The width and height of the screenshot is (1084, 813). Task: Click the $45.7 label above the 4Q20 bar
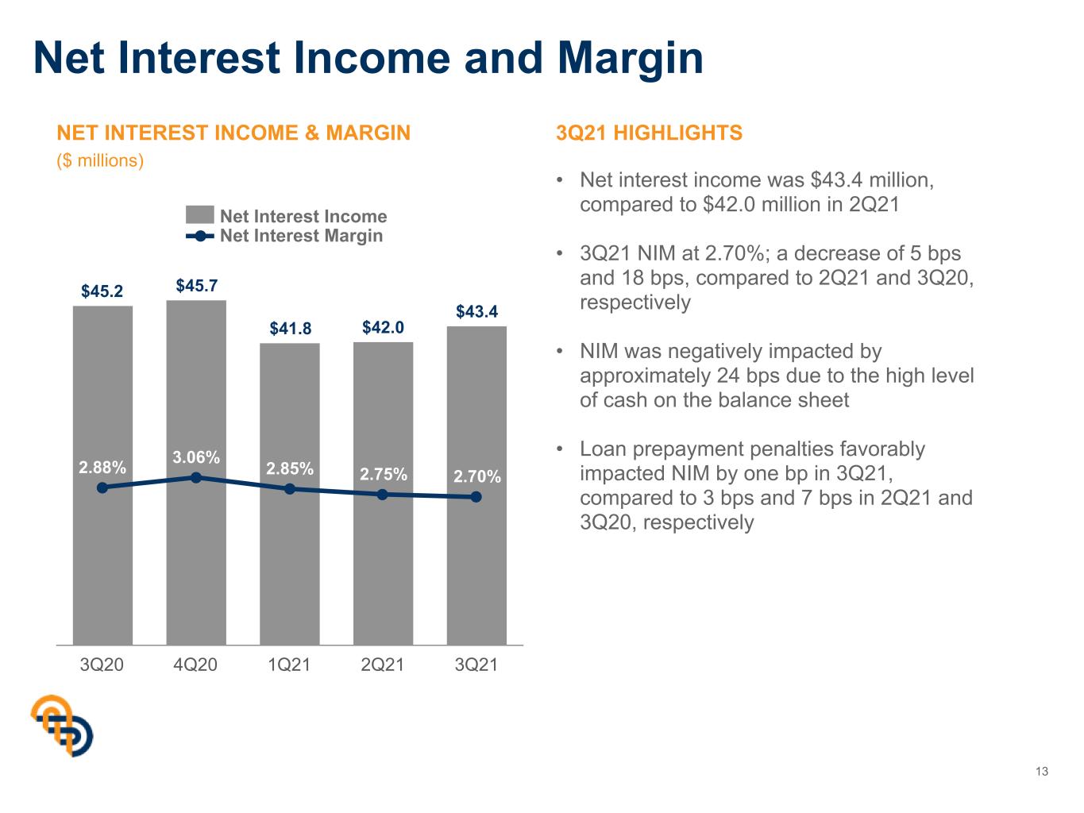pyautogui.click(x=197, y=285)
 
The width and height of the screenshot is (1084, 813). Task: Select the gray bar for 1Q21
pyautogui.click(x=289, y=494)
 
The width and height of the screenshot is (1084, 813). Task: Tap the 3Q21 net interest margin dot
pyautogui.click(x=476, y=497)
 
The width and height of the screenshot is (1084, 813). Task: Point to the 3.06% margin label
pyautogui.click(x=196, y=457)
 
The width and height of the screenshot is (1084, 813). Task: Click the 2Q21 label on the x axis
pyautogui.click(x=383, y=665)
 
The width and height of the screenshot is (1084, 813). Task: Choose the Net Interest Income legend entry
pyautogui.click(x=287, y=216)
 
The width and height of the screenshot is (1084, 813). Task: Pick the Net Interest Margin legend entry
pyautogui.click(x=284, y=236)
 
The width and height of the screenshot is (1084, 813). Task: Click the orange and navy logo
pyautogui.click(x=62, y=726)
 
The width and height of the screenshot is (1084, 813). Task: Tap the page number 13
pyautogui.click(x=1042, y=772)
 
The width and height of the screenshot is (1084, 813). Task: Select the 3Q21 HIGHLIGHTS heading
pyautogui.click(x=649, y=133)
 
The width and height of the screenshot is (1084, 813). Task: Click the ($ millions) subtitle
pyautogui.click(x=100, y=160)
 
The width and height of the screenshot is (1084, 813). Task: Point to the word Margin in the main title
pyautogui.click(x=631, y=59)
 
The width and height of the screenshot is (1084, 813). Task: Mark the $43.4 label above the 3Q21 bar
pyautogui.click(x=476, y=311)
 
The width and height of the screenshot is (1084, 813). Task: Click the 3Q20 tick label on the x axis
pyautogui.click(x=102, y=665)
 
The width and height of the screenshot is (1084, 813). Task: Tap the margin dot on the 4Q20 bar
pyautogui.click(x=196, y=477)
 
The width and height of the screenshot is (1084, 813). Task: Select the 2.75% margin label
pyautogui.click(x=384, y=474)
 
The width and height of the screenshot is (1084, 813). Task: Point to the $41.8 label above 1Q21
pyautogui.click(x=291, y=328)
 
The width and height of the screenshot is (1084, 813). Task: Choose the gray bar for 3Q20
pyautogui.click(x=102, y=476)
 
